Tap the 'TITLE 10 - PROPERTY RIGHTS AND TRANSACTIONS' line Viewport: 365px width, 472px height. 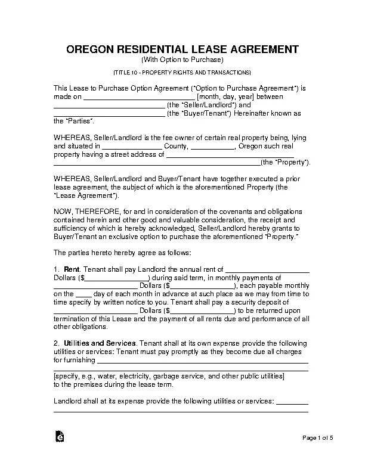[x=182, y=72]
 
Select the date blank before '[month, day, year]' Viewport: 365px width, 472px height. [x=138, y=97]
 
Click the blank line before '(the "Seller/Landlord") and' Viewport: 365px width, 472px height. [x=109, y=105]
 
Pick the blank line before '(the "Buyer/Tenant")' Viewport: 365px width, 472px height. [x=109, y=114]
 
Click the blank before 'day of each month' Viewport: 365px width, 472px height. [x=85, y=294]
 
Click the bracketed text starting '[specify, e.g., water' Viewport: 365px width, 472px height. [x=169, y=377]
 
